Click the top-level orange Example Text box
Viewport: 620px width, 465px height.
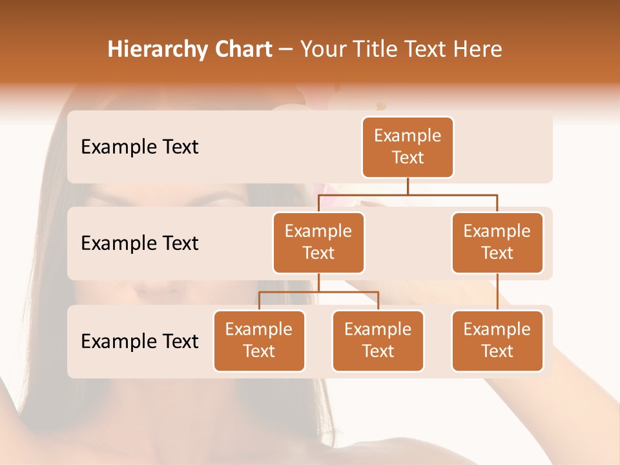pos(408,147)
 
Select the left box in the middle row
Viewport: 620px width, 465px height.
pos(318,242)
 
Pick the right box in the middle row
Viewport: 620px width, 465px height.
pos(497,242)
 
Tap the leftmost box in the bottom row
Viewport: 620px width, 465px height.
pos(259,340)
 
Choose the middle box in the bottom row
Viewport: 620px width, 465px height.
pos(378,340)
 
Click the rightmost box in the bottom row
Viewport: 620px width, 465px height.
pos(497,340)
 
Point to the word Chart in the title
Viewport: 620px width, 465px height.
pos(241,49)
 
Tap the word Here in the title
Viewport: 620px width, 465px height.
pos(477,49)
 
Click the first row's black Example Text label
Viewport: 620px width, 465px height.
pos(139,147)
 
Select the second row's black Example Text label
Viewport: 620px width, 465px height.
pos(139,243)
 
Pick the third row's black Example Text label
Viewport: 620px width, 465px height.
pos(139,342)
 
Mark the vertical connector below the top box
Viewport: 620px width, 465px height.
pos(408,186)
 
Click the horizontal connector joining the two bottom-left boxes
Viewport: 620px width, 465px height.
pos(318,292)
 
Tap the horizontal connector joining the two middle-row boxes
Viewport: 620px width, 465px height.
pos(408,194)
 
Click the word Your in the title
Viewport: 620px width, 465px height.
pos(322,49)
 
